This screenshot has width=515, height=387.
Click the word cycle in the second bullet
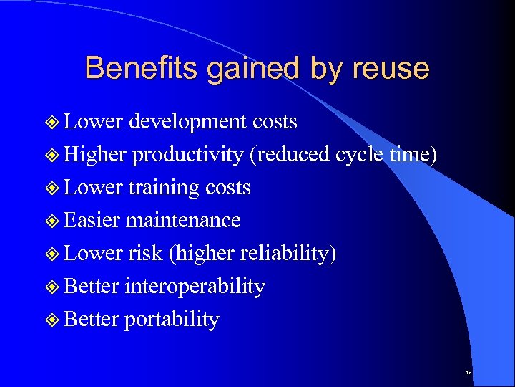359,154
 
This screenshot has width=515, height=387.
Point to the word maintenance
183,220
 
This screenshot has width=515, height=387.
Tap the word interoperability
195,286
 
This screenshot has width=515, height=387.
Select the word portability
172,319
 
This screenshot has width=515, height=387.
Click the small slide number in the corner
468,373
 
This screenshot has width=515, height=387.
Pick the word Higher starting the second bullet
95,154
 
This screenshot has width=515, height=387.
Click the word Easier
92,220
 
